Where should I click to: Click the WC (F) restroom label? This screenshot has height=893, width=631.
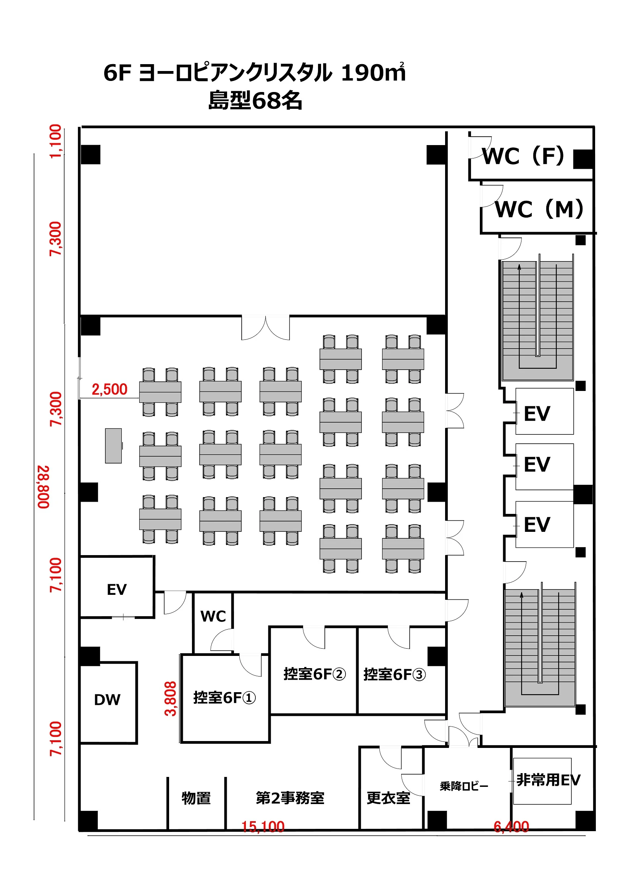point(523,156)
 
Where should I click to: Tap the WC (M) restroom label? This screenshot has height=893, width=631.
point(539,209)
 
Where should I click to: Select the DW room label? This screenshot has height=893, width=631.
point(107,700)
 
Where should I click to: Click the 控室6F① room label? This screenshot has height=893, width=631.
point(224,698)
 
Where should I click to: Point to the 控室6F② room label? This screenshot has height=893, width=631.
point(314,674)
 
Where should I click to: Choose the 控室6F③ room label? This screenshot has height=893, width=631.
point(394,674)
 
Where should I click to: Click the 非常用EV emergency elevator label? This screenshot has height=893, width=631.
point(548,780)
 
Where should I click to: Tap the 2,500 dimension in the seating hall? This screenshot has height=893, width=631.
point(110,389)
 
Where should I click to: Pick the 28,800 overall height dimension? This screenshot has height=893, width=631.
point(44,486)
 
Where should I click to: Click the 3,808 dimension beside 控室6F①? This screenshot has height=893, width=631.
point(171,699)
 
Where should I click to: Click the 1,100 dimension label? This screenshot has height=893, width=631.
point(56,141)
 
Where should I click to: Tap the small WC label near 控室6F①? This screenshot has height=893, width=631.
point(213,617)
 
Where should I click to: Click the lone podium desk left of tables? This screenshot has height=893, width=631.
point(113,446)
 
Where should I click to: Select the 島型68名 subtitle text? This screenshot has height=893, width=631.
point(255,101)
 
